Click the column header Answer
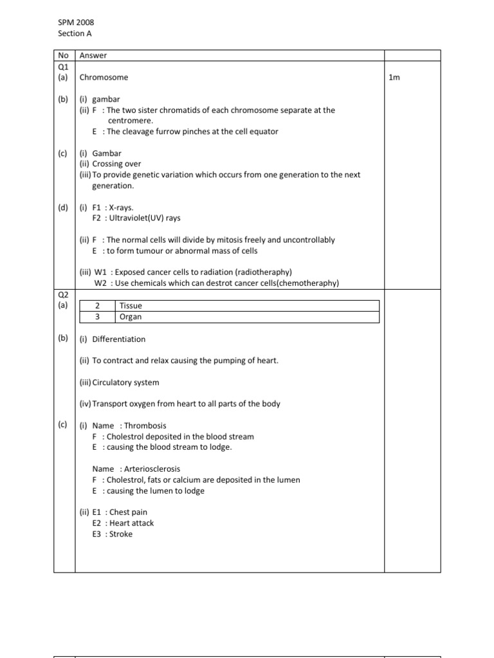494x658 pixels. click(x=93, y=55)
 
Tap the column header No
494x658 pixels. click(x=63, y=55)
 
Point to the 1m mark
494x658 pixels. click(x=394, y=77)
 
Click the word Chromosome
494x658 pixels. click(x=104, y=77)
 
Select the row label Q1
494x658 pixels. click(x=63, y=66)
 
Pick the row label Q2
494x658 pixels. click(x=63, y=295)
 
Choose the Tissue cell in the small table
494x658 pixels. click(x=131, y=306)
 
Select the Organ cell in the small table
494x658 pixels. click(x=131, y=317)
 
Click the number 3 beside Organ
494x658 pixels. click(x=96, y=317)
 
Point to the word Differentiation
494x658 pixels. click(x=119, y=339)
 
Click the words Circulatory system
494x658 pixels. click(x=125, y=382)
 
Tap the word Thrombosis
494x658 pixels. click(x=145, y=425)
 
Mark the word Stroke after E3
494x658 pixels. click(x=121, y=534)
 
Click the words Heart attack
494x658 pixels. click(x=132, y=523)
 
